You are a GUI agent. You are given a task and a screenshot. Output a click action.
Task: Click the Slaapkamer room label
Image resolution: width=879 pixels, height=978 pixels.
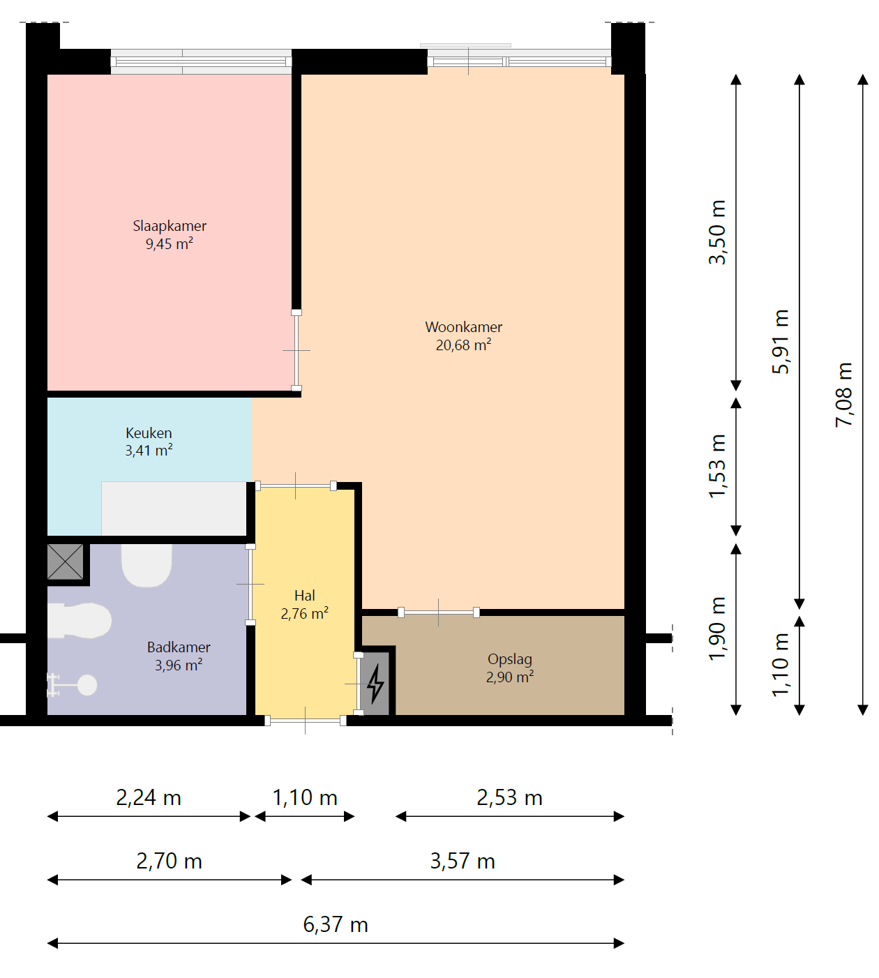click(x=170, y=226)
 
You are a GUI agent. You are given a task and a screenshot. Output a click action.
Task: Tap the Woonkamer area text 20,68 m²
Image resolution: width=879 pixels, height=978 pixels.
click(x=463, y=345)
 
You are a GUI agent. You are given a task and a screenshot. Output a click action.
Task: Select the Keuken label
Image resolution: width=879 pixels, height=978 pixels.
click(x=149, y=433)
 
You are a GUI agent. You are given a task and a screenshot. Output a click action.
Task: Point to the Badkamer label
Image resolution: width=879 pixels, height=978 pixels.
click(x=179, y=647)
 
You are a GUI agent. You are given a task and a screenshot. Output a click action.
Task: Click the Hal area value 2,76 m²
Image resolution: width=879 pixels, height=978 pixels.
click(x=304, y=613)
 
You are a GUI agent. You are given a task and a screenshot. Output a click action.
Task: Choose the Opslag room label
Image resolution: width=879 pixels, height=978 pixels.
click(x=510, y=659)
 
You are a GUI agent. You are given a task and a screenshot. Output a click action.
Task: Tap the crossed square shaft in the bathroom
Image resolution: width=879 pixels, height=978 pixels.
click(x=65, y=562)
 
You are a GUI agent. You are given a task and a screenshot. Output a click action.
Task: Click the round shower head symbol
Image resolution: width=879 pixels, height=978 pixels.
click(x=87, y=684)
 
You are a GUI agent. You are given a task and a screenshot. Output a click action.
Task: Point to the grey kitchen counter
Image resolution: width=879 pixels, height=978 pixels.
click(x=174, y=509)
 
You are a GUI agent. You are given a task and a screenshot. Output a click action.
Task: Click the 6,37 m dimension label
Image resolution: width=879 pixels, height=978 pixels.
click(x=336, y=924)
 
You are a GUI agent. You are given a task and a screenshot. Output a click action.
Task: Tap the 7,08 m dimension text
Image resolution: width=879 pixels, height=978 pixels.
click(x=843, y=395)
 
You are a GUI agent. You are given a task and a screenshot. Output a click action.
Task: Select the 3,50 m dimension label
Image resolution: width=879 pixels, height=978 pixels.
click(x=716, y=232)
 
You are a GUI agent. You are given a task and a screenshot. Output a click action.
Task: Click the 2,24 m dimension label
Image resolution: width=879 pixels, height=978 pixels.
click(x=149, y=797)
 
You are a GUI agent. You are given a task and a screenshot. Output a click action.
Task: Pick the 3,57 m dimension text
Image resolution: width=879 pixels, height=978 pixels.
click(x=463, y=861)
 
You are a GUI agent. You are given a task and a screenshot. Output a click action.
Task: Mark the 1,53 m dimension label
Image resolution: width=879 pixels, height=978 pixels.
click(x=716, y=466)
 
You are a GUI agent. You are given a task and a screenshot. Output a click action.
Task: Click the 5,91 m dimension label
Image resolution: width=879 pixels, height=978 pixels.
click(x=780, y=342)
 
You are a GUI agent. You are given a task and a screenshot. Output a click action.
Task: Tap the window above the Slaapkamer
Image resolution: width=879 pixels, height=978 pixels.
click(x=201, y=61)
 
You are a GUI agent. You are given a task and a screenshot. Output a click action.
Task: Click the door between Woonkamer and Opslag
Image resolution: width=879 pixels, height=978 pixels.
click(x=439, y=612)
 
